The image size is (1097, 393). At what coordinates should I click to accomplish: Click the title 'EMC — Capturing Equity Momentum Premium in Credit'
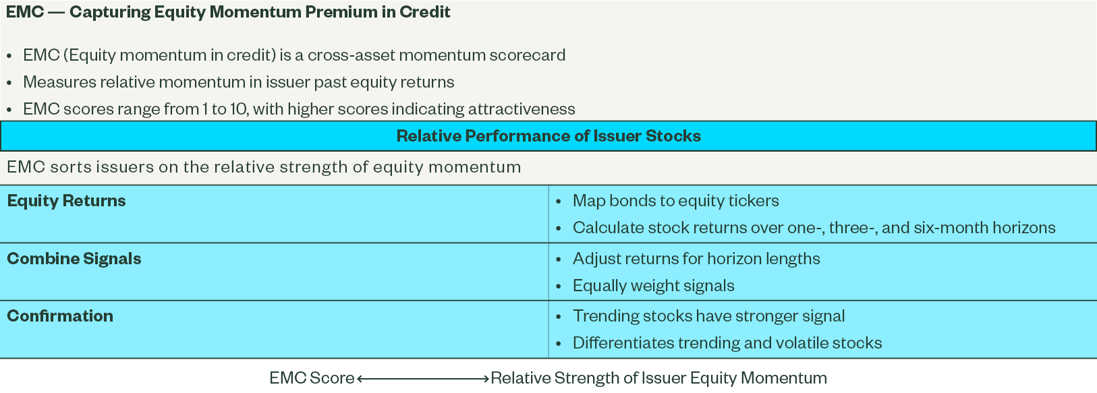pyautogui.click(x=228, y=12)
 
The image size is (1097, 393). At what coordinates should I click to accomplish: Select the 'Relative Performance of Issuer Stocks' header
pyautogui.click(x=548, y=136)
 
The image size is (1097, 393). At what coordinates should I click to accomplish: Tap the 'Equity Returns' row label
pyautogui.click(x=66, y=201)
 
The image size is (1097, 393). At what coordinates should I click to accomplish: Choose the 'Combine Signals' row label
pyautogui.click(x=74, y=259)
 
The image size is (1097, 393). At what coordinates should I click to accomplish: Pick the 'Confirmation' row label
pyautogui.click(x=60, y=316)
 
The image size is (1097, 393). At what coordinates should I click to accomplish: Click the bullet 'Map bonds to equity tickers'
pyautogui.click(x=676, y=201)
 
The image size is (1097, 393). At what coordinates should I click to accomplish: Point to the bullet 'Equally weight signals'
pyautogui.click(x=654, y=286)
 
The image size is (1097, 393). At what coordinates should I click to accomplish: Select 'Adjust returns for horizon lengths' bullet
pyautogui.click(x=696, y=259)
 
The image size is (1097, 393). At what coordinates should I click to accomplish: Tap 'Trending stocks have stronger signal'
pyautogui.click(x=709, y=316)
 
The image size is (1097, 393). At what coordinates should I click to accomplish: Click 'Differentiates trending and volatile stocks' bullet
pyautogui.click(x=727, y=343)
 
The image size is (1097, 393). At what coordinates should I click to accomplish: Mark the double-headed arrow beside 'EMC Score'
pyautogui.click(x=423, y=378)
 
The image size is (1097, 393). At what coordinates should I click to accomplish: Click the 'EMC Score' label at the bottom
pyautogui.click(x=312, y=378)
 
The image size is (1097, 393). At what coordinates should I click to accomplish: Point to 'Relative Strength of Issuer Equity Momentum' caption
pyautogui.click(x=658, y=378)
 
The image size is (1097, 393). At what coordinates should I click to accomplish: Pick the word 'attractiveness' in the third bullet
pyautogui.click(x=522, y=109)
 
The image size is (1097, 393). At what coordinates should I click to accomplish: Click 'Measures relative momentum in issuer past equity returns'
pyautogui.click(x=239, y=82)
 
